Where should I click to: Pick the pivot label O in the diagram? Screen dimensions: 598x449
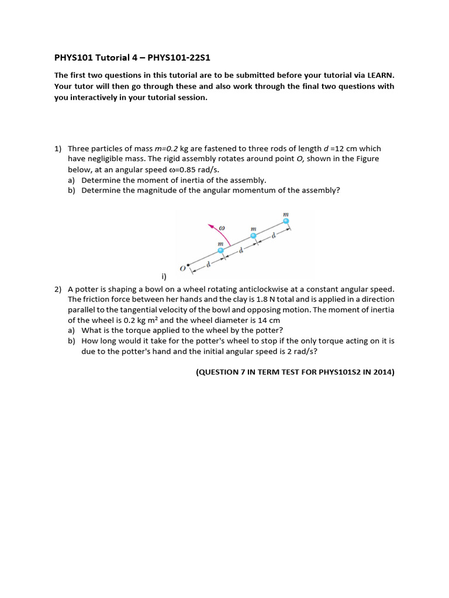(x=182, y=268)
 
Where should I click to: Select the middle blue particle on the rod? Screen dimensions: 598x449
(x=253, y=236)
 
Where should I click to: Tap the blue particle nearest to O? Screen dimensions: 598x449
(x=220, y=251)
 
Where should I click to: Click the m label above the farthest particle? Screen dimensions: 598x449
(x=286, y=214)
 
